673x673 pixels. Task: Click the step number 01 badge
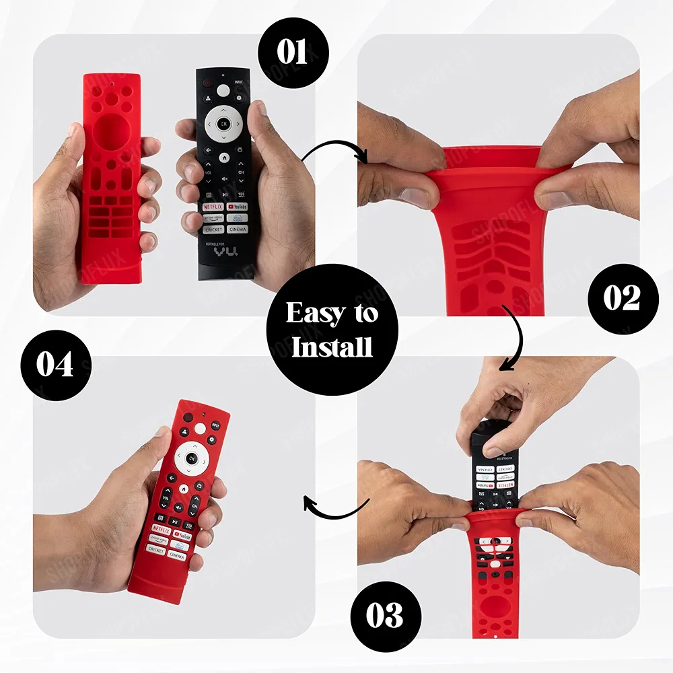tap(292, 52)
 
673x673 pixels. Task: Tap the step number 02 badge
tap(621, 298)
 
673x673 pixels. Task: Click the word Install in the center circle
tap(332, 347)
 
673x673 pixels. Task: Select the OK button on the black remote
tap(223, 124)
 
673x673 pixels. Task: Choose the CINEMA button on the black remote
tap(237, 229)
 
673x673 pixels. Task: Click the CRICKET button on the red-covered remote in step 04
tap(155, 550)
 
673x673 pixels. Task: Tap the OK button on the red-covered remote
tap(191, 458)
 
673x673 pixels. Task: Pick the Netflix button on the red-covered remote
tap(161, 528)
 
